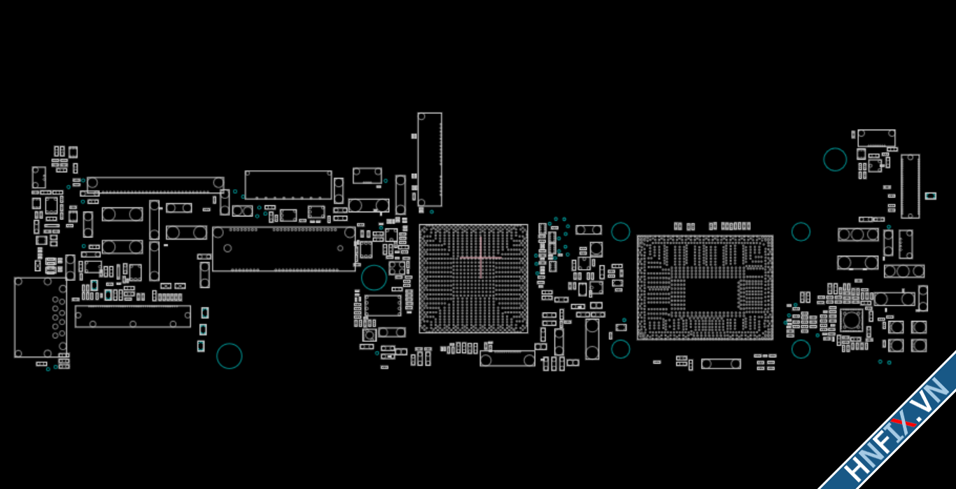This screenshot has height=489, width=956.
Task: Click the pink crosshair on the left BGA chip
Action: click(481, 257)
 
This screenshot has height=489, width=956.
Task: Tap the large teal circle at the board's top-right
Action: click(835, 160)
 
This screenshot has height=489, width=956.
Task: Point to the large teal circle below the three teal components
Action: click(229, 356)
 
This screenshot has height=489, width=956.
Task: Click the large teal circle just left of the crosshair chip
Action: click(374, 277)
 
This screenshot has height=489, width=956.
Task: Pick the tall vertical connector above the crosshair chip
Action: click(430, 160)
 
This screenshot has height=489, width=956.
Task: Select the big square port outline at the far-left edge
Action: click(40, 317)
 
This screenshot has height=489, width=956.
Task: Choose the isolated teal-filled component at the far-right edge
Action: click(930, 196)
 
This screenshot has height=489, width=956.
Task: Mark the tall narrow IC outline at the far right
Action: click(910, 186)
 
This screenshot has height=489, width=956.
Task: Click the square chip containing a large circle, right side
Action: click(851, 321)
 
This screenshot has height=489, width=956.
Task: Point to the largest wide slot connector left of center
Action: click(284, 249)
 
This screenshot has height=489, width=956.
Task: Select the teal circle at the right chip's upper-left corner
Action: click(621, 231)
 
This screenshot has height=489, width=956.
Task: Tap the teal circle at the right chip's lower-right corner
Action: click(801, 348)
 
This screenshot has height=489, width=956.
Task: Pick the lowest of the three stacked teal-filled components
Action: click(201, 345)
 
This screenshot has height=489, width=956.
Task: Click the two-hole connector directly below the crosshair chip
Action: click(507, 359)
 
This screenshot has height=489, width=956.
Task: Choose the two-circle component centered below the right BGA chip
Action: click(721, 364)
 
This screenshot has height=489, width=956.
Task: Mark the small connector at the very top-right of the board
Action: click(876, 138)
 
